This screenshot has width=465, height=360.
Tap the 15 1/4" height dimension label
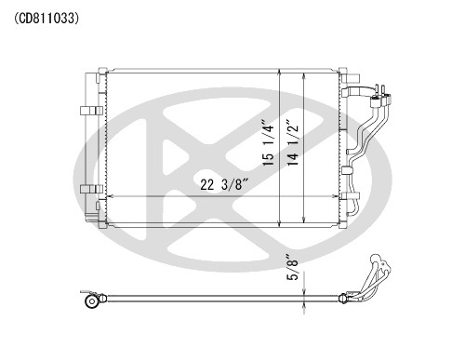pyautogui.click(x=268, y=141)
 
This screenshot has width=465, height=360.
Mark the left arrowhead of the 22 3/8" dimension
pyautogui.click(x=111, y=197)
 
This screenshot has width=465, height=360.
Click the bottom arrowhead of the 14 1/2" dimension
pyautogui.click(x=307, y=220)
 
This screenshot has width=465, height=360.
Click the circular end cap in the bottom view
pyautogui.click(x=91, y=300)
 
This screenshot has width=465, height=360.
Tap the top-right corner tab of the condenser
pyautogui.click(x=342, y=72)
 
